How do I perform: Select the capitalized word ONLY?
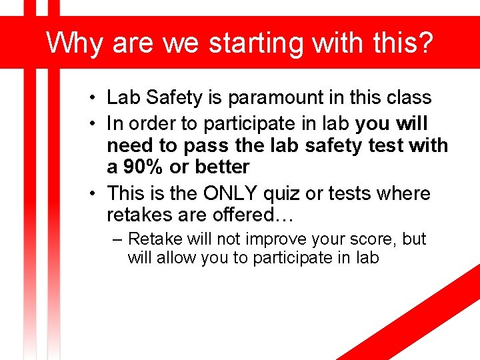tap(231, 193)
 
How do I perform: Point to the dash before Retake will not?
tap(117, 239)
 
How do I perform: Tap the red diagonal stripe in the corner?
tap(427, 313)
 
